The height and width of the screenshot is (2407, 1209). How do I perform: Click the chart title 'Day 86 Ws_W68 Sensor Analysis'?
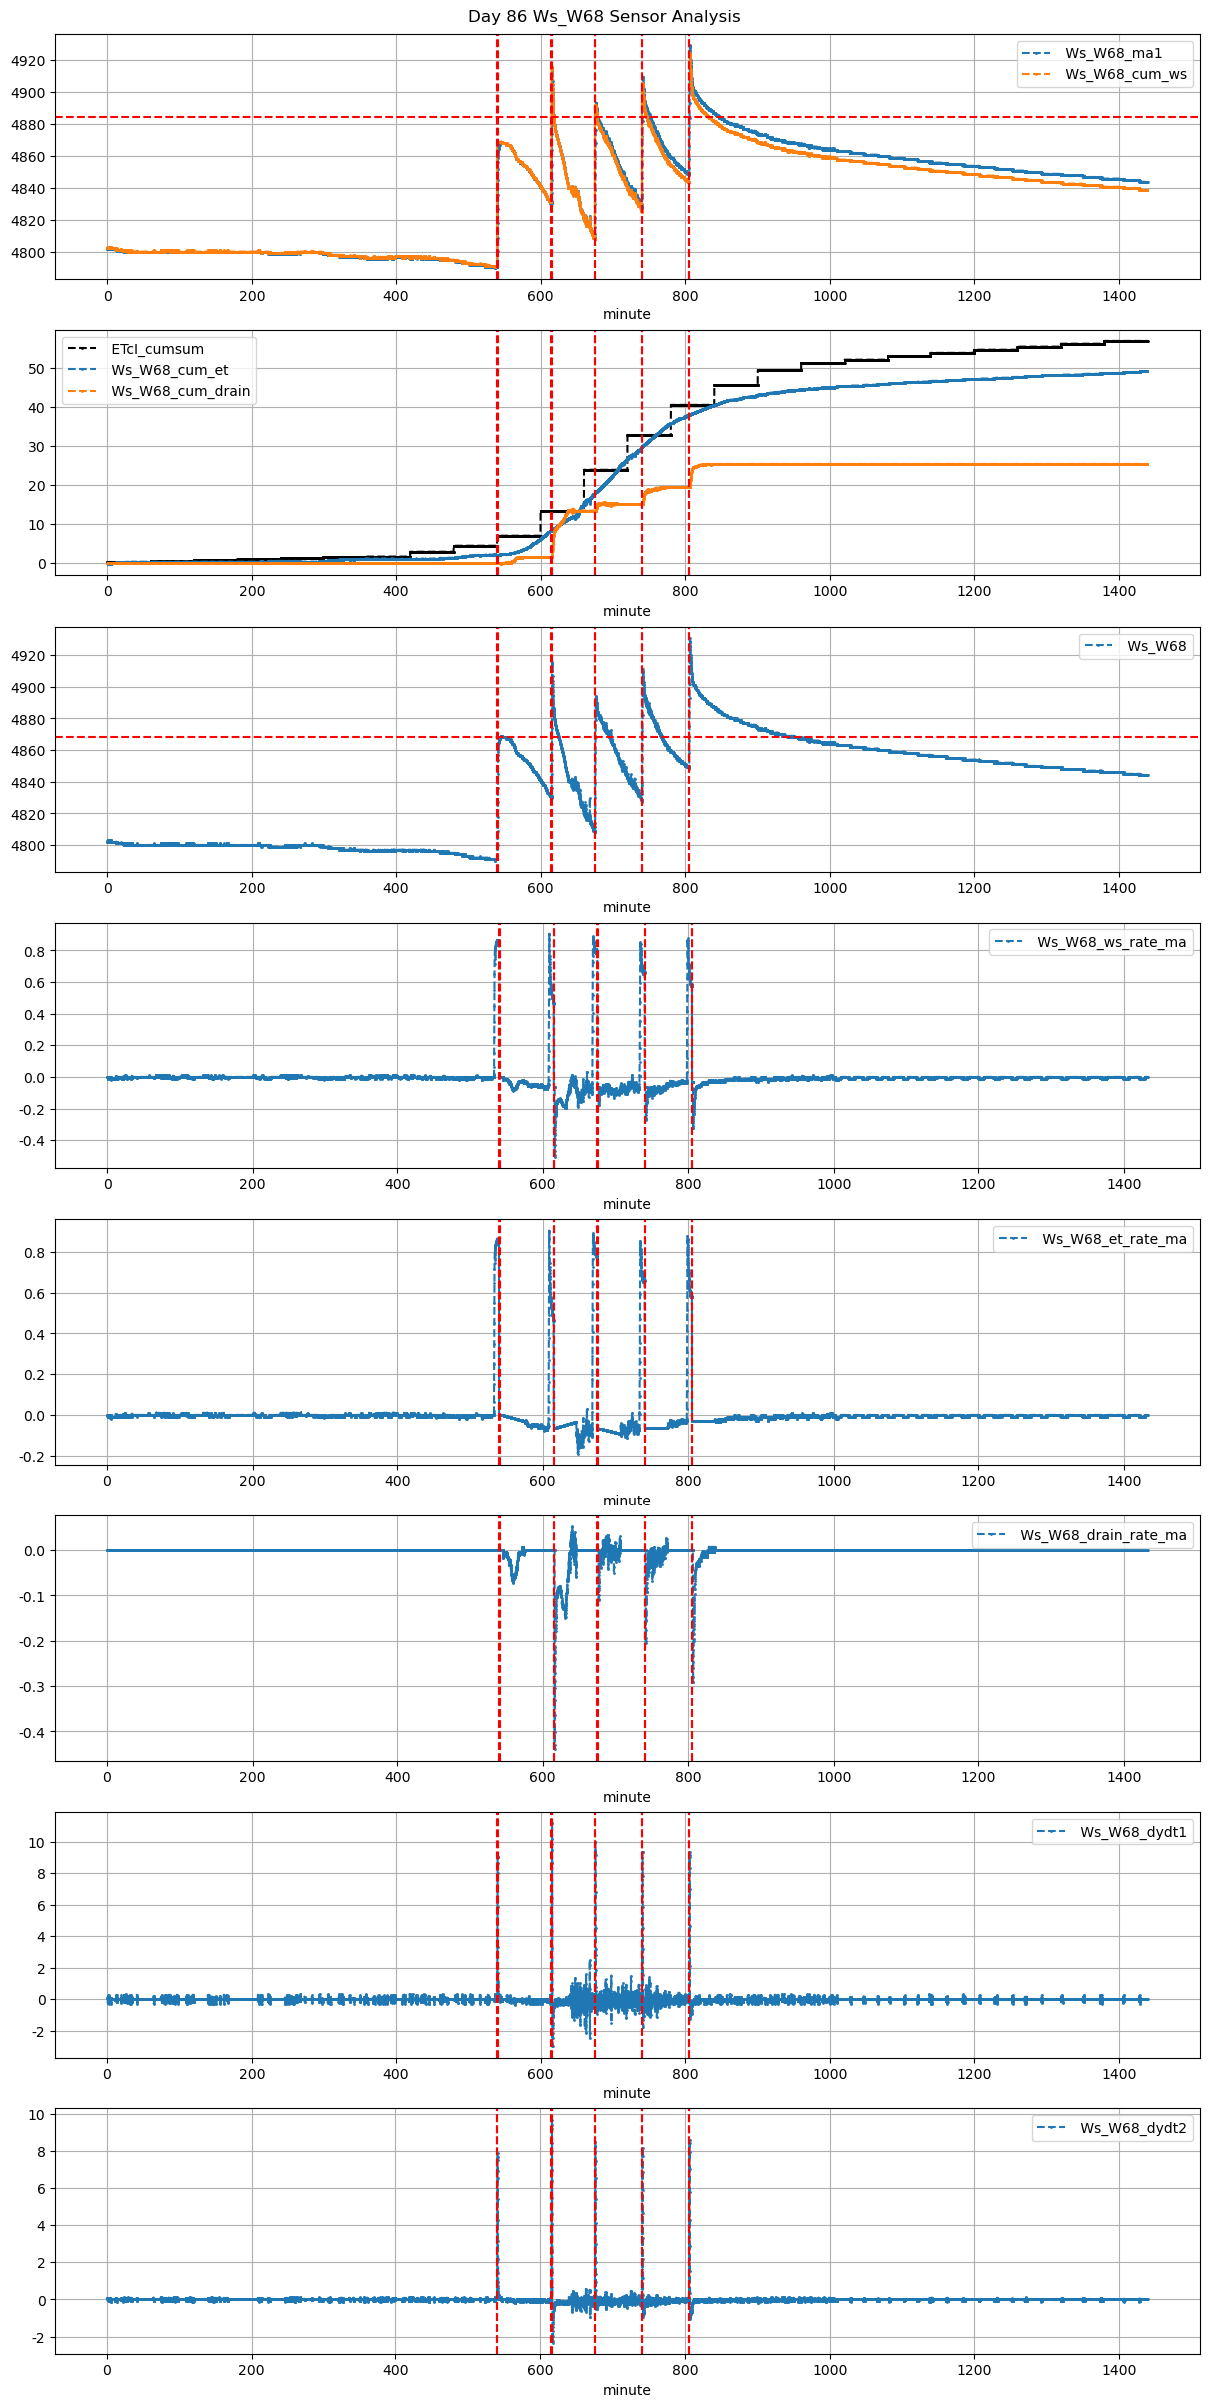(604, 17)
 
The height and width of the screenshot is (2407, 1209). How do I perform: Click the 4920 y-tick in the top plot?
(28, 61)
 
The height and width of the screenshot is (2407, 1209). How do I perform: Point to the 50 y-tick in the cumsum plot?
(36, 369)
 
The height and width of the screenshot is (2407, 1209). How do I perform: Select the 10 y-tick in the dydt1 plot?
(36, 1843)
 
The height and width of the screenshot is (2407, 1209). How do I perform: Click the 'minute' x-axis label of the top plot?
(626, 314)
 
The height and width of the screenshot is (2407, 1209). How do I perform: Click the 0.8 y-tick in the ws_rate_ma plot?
(34, 952)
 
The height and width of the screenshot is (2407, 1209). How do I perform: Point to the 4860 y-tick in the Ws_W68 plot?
(28, 751)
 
